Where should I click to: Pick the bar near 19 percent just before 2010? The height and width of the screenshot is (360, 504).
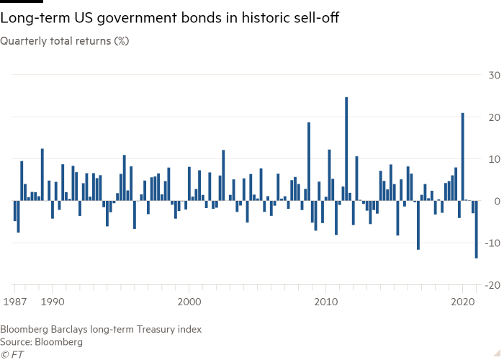coord(309,161)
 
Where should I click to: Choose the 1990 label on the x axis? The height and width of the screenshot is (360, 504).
coord(55,302)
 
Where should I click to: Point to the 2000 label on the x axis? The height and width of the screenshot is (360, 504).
coord(189,302)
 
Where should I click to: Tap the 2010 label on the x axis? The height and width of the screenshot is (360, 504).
coord(326,302)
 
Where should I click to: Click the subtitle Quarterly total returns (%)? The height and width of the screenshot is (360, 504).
coord(65,41)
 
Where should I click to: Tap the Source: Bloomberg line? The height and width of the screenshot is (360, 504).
coord(41,342)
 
